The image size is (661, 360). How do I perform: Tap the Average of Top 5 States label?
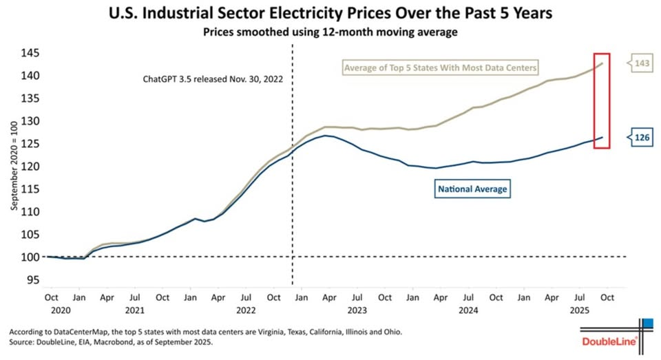pos(440,67)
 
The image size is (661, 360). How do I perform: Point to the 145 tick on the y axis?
pos(29,53)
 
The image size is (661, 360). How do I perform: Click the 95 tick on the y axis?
pos(32,280)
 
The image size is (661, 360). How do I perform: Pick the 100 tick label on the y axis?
pos(29,257)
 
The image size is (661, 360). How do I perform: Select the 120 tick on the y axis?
pos(29,167)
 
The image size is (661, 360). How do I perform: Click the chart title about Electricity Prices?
pos(330,12)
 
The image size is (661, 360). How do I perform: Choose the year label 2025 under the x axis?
pos(580,310)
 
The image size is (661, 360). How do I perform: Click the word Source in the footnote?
pos(19,342)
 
